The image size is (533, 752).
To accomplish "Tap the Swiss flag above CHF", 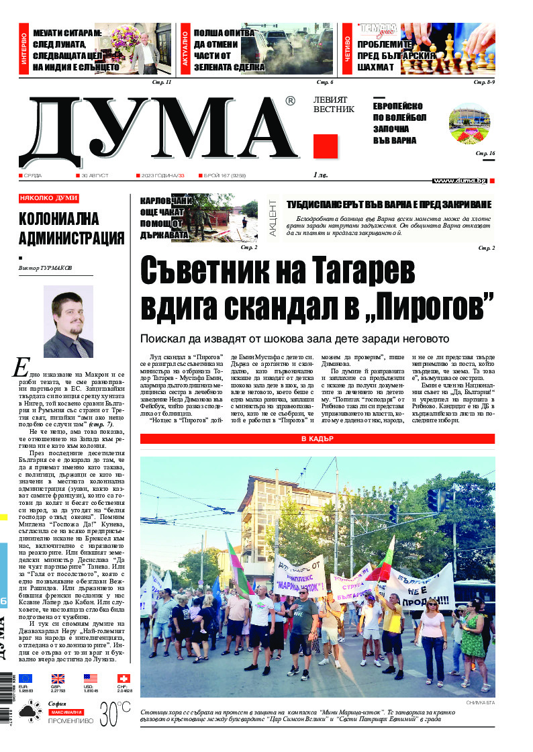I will [x=124, y=678].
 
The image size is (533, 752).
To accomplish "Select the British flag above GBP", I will [x=58, y=678].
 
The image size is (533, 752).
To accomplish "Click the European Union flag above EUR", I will [x=26, y=678].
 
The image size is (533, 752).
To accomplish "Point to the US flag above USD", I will [x=90, y=678].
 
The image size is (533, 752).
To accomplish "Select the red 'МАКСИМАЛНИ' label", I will [x=66, y=711].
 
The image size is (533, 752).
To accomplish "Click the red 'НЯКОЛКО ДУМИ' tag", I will [x=49, y=198].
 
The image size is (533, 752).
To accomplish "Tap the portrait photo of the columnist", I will [x=68, y=321].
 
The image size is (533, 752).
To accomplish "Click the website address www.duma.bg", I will [x=459, y=181].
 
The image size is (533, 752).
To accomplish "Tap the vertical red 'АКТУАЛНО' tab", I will [x=185, y=51].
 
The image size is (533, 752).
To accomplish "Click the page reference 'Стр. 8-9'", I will [x=484, y=82].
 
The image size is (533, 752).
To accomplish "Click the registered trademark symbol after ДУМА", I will [x=290, y=101].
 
